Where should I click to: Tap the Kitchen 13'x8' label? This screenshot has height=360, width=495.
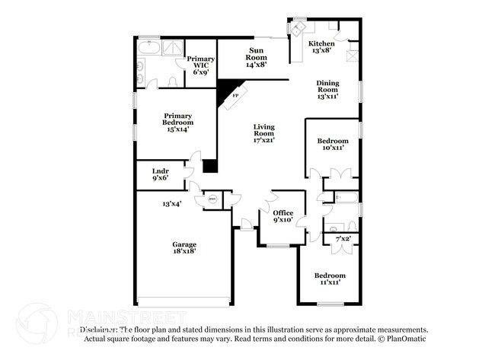click(x=321, y=48)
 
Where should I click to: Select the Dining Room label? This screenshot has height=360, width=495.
click(x=327, y=90)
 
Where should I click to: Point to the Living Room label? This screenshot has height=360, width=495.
click(x=263, y=133)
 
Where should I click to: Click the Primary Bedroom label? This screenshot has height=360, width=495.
click(x=177, y=122)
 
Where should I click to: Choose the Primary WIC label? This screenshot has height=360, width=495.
click(x=201, y=65)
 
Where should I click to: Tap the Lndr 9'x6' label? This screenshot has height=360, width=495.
click(x=160, y=174)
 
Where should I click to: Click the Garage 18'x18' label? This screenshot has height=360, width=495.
click(x=184, y=247)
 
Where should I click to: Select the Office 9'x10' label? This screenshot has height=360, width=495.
click(x=283, y=217)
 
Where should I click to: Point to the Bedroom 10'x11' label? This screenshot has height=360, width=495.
click(x=333, y=144)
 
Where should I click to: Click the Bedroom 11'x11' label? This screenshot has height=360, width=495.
click(x=330, y=279)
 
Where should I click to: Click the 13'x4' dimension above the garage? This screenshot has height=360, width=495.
click(x=171, y=204)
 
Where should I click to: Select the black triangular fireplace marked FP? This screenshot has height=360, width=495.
click(x=227, y=92)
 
